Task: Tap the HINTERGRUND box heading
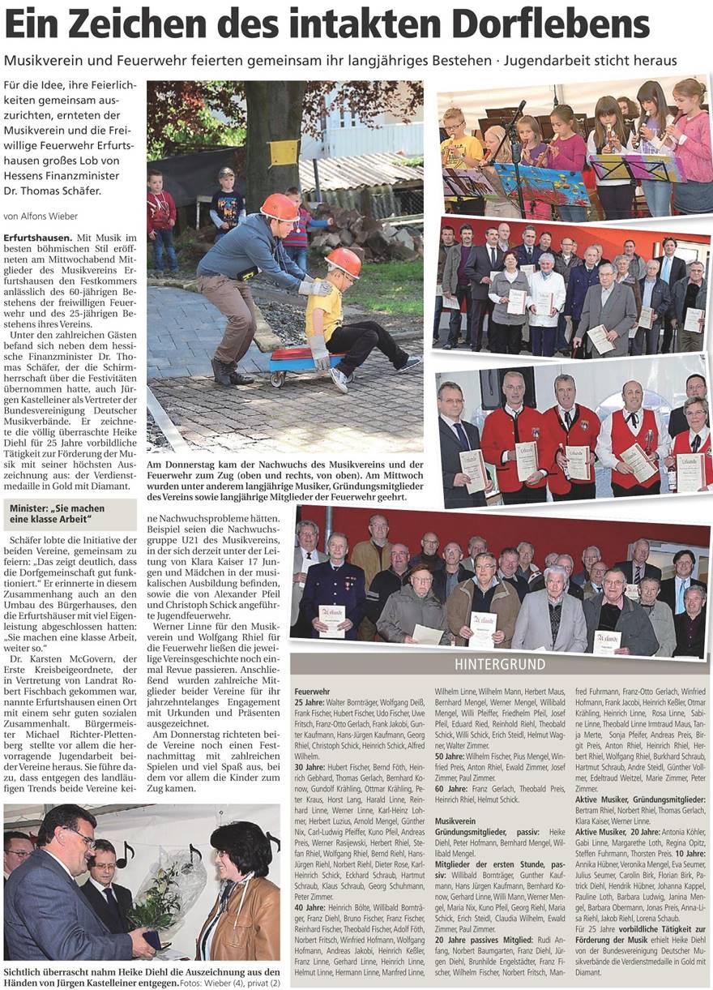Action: click(500, 664)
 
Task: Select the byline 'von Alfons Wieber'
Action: click(41, 216)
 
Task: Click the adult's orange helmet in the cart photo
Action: click(280, 207)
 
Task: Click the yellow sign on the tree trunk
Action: click(283, 152)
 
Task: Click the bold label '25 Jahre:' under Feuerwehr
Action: click(311, 701)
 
